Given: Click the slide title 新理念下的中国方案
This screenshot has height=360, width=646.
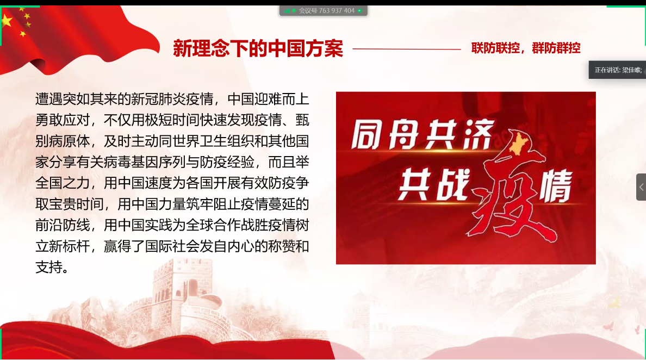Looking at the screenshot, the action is [x=258, y=48].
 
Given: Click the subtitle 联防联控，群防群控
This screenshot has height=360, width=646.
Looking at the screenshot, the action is [x=526, y=48].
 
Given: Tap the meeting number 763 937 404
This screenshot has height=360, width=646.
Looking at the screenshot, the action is [x=337, y=11].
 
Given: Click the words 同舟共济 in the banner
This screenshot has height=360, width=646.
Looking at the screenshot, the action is [x=423, y=135].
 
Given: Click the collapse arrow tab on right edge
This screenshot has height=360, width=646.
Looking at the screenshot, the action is [x=641, y=187].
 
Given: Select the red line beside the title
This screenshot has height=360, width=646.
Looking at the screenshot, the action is [x=407, y=49].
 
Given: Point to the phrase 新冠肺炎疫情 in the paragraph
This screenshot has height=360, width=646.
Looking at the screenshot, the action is [x=172, y=100].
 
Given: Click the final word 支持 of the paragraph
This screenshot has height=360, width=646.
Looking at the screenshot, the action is [x=49, y=268].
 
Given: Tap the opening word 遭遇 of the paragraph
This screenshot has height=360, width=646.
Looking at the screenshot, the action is [x=49, y=100].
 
